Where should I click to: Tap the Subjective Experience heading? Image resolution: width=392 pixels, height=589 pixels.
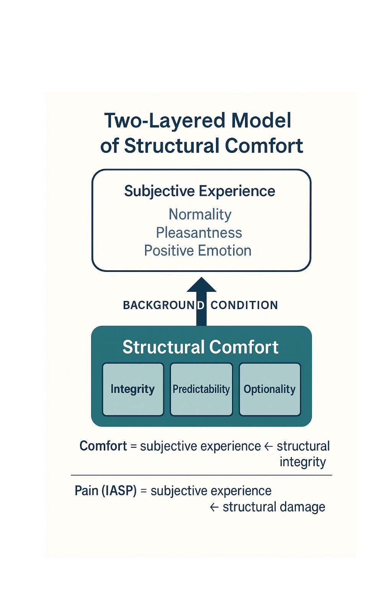199,191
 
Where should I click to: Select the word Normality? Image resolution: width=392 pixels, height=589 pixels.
200,214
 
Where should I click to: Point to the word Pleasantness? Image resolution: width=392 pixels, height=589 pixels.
199,233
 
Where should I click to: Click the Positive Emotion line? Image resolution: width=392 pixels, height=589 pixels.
198,251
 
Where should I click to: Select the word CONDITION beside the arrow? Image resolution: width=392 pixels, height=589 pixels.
244,305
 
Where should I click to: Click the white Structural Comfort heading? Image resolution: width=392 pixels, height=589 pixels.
200,347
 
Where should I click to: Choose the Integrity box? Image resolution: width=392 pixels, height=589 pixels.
133,389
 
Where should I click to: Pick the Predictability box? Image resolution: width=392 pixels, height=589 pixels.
201,389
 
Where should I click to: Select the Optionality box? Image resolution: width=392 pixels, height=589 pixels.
269,389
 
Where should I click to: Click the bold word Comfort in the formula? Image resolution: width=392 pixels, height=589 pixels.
103,446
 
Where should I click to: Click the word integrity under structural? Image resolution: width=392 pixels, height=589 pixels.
302,462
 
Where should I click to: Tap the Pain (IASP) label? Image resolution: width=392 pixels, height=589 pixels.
106,491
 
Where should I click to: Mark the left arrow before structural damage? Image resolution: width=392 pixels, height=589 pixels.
214,507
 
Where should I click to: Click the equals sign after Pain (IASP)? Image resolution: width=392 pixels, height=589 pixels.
144,491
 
